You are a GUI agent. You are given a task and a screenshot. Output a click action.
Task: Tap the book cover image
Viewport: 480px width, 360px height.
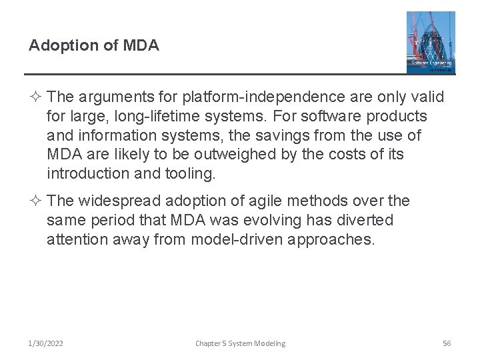[x=431, y=42]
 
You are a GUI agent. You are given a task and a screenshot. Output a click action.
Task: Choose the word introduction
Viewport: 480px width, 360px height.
[x=91, y=175]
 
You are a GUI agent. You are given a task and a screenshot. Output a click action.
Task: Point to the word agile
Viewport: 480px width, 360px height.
[x=255, y=201]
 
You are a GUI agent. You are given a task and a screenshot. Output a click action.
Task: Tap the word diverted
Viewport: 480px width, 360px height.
[x=366, y=220]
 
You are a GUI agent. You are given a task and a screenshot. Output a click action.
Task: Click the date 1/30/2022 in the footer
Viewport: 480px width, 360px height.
[x=47, y=343]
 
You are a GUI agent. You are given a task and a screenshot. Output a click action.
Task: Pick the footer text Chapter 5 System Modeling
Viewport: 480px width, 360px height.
[x=240, y=343]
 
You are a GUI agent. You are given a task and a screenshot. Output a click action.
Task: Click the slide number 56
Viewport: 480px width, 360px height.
[x=447, y=343]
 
